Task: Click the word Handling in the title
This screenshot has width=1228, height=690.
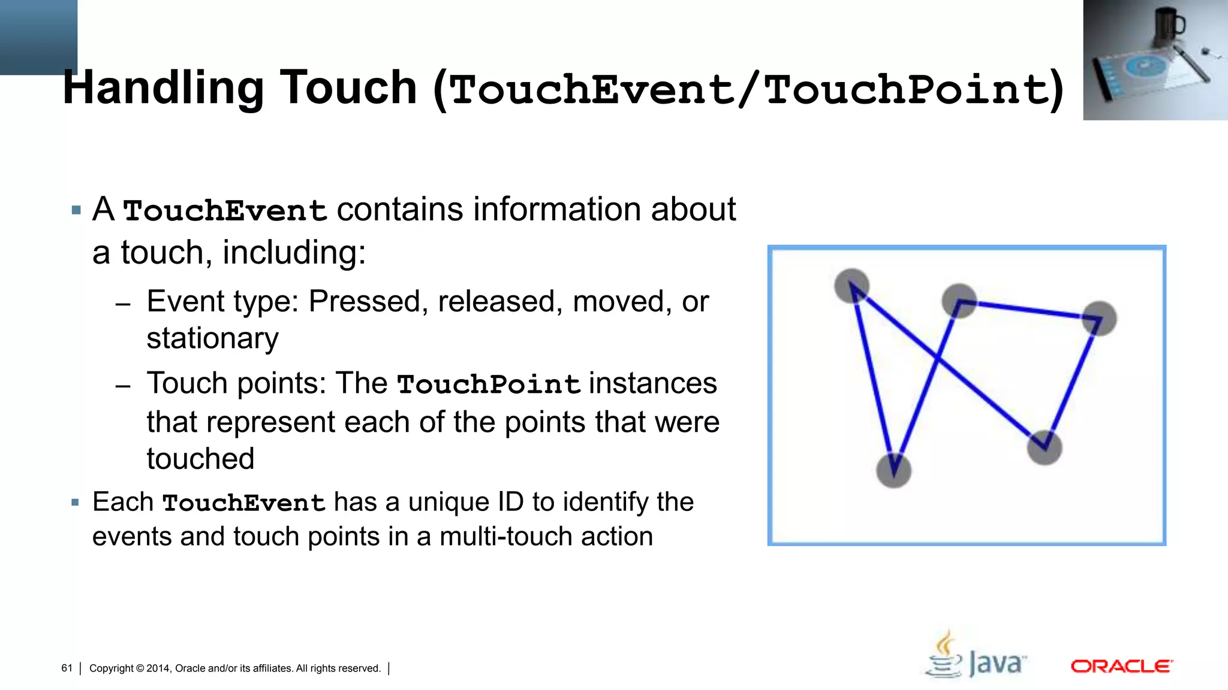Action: click(x=162, y=89)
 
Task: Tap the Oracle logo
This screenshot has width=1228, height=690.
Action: click(x=1121, y=666)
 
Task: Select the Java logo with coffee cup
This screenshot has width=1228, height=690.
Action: click(x=976, y=656)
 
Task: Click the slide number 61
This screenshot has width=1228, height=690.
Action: click(x=67, y=668)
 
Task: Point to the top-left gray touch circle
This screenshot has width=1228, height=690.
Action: click(x=851, y=286)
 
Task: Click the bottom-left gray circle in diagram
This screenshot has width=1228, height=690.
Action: click(x=893, y=470)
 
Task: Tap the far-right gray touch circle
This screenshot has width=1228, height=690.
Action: click(x=1099, y=318)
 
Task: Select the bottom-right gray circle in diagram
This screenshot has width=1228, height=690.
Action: click(x=1045, y=447)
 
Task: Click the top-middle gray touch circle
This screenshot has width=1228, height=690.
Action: click(x=959, y=301)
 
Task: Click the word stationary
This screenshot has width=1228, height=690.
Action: click(x=212, y=338)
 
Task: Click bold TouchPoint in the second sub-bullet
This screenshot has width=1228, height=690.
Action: click(x=488, y=384)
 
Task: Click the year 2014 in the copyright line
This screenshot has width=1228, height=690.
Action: click(x=158, y=668)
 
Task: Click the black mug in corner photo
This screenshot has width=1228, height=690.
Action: click(x=1168, y=25)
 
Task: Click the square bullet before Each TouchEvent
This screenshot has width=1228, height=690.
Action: click(x=75, y=502)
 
